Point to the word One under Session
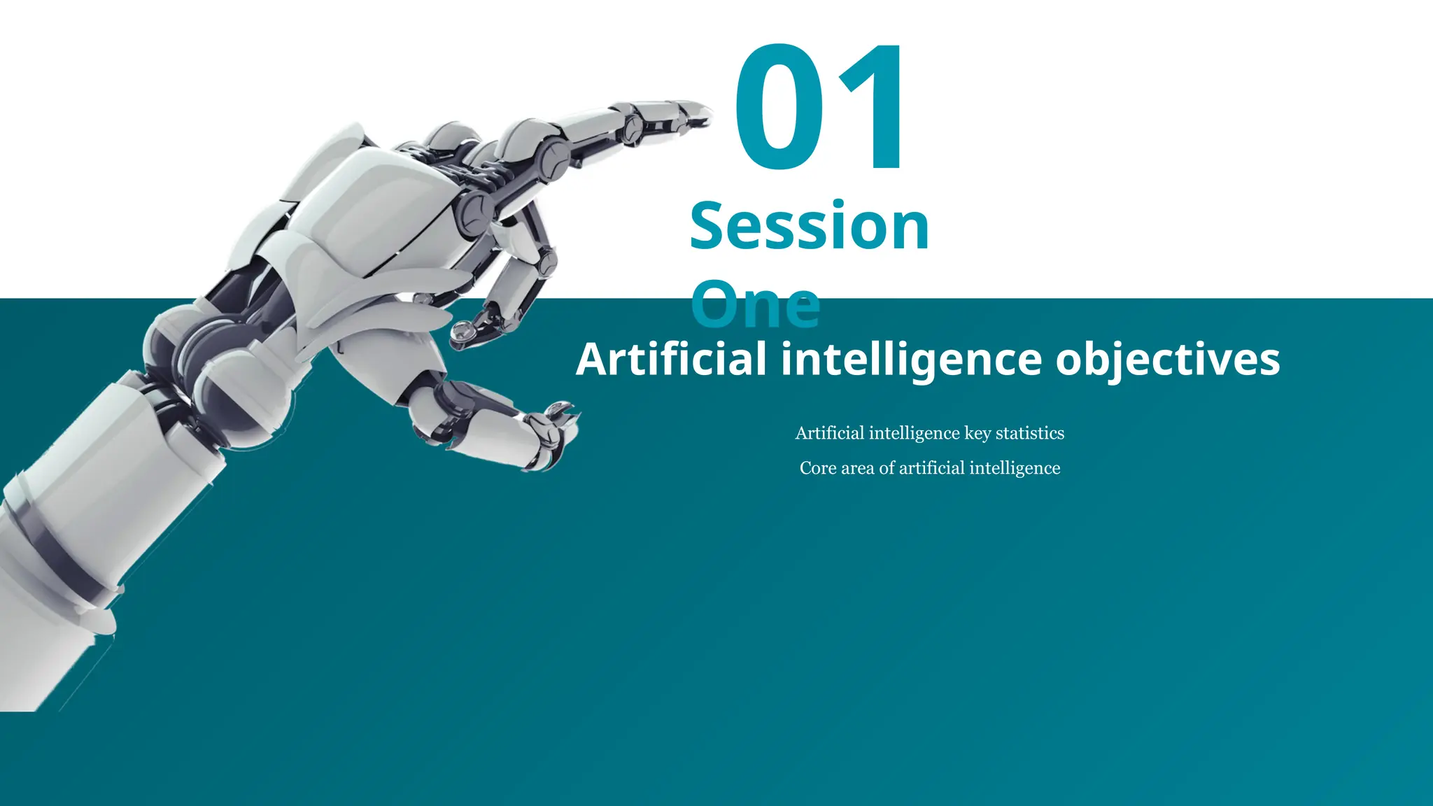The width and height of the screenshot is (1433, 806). click(755, 306)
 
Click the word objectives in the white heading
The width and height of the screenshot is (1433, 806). click(1167, 359)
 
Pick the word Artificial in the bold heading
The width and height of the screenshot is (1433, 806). click(671, 359)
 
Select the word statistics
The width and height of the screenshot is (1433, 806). click(1030, 433)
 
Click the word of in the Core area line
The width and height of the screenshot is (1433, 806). click(887, 468)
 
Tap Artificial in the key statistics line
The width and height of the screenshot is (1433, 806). click(830, 433)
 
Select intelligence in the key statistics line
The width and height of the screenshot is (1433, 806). click(915, 434)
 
